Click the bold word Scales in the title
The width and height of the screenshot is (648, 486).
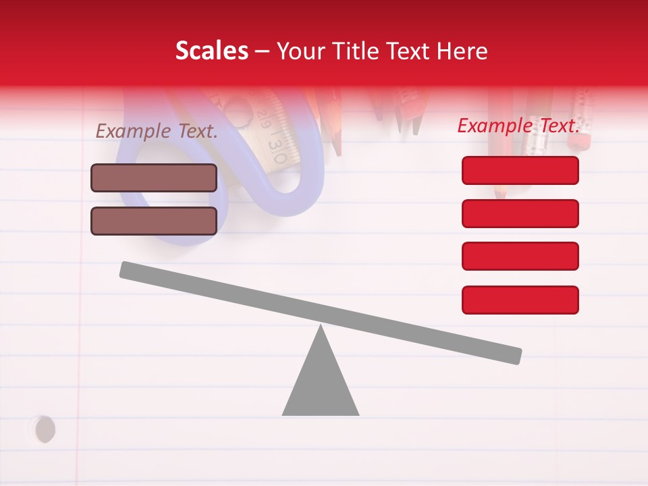[x=211, y=51]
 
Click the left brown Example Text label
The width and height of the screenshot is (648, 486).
[x=157, y=131]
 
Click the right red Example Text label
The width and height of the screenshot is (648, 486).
[x=518, y=126]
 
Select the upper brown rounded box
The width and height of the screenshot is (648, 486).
[x=154, y=178]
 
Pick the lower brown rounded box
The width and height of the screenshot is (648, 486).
[x=154, y=221]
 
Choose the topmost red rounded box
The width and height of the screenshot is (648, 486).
[x=520, y=170]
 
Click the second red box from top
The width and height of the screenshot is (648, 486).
[x=520, y=213]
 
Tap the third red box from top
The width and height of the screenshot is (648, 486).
[x=520, y=256]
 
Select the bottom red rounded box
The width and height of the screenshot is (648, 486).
[x=520, y=300]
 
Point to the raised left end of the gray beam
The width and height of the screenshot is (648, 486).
[x=126, y=269]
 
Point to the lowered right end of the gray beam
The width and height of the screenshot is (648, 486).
[x=516, y=356]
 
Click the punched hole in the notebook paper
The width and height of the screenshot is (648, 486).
[x=45, y=429]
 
